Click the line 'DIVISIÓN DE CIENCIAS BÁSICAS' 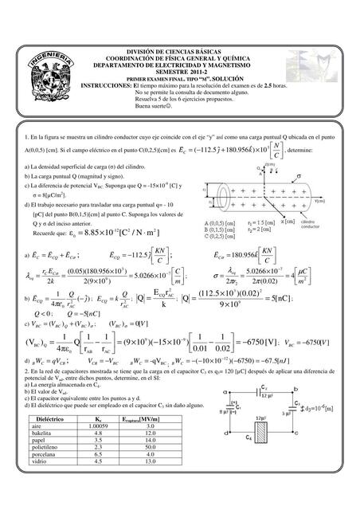click(x=180, y=50)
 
